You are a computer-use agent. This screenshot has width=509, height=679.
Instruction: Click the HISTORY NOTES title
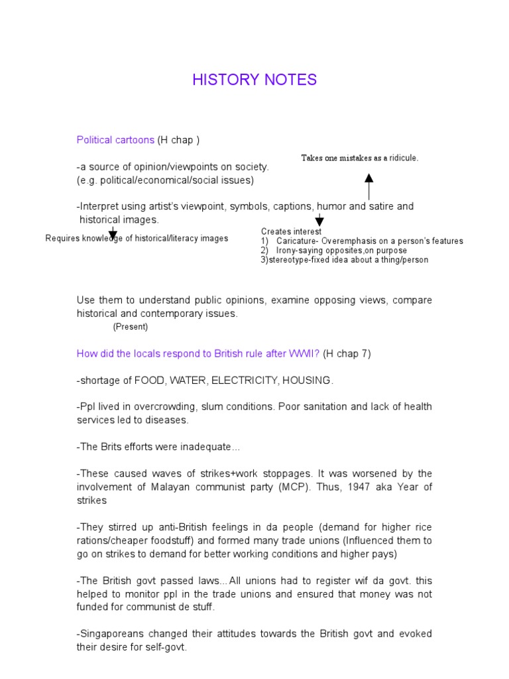coord(254,80)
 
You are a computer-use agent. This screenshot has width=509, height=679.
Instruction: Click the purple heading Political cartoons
coord(115,140)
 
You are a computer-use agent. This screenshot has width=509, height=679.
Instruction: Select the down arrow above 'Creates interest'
coord(319,220)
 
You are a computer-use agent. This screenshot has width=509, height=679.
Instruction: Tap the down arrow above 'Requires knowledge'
coord(113,233)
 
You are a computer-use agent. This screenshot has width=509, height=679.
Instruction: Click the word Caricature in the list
coord(298,241)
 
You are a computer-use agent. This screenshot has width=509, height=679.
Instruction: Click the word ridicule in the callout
coord(402,158)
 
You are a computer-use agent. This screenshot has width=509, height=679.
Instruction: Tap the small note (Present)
coord(130,327)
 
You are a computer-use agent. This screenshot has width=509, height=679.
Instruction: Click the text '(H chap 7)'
coord(347,353)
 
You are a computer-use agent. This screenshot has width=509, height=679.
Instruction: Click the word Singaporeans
coord(109,634)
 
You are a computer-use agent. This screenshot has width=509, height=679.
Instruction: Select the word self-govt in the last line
coord(165,647)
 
